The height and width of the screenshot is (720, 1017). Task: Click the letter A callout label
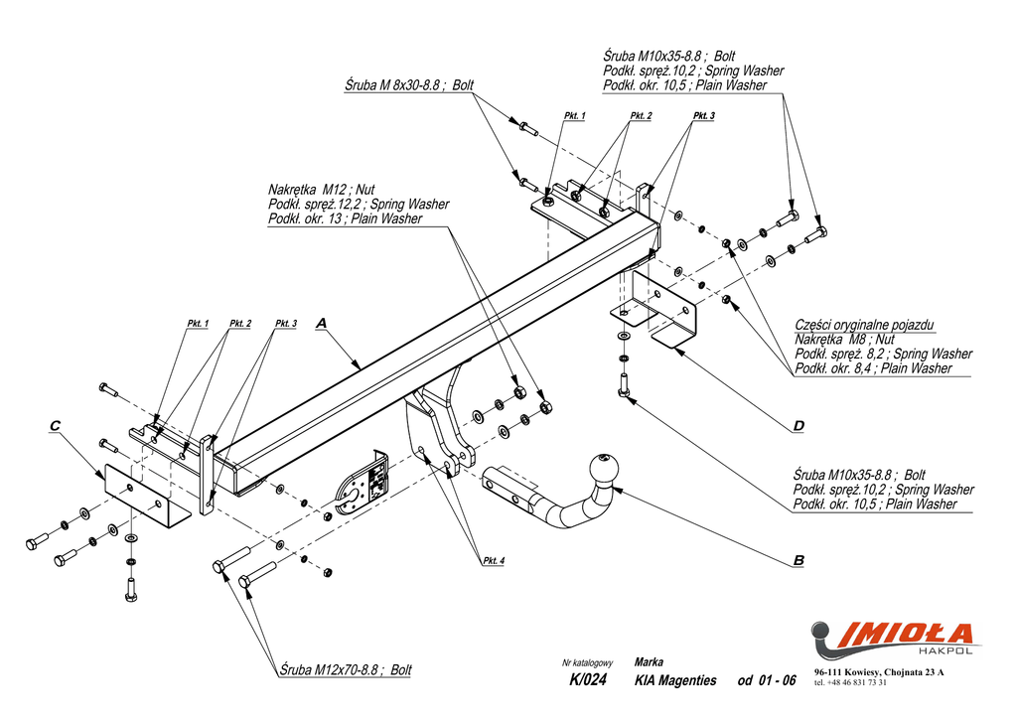click(321, 323)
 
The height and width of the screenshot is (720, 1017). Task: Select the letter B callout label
click(799, 561)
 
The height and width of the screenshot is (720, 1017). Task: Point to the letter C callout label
click(55, 426)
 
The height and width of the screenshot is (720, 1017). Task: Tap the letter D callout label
click(799, 427)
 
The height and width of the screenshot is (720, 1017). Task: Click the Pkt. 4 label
click(494, 562)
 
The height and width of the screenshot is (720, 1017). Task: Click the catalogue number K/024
click(588, 680)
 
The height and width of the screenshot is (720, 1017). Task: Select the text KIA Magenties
click(674, 680)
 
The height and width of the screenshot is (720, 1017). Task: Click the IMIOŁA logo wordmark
click(906, 633)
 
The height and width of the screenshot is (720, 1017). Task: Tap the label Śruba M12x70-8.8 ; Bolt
click(346, 670)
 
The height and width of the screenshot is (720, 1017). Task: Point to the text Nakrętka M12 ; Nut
click(321, 189)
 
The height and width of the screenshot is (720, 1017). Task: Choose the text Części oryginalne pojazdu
click(864, 325)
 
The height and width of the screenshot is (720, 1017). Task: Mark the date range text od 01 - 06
click(766, 680)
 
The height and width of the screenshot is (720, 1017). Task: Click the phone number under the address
click(850, 683)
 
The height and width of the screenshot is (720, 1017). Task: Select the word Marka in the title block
click(649, 661)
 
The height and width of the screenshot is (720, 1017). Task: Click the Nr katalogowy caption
click(587, 662)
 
